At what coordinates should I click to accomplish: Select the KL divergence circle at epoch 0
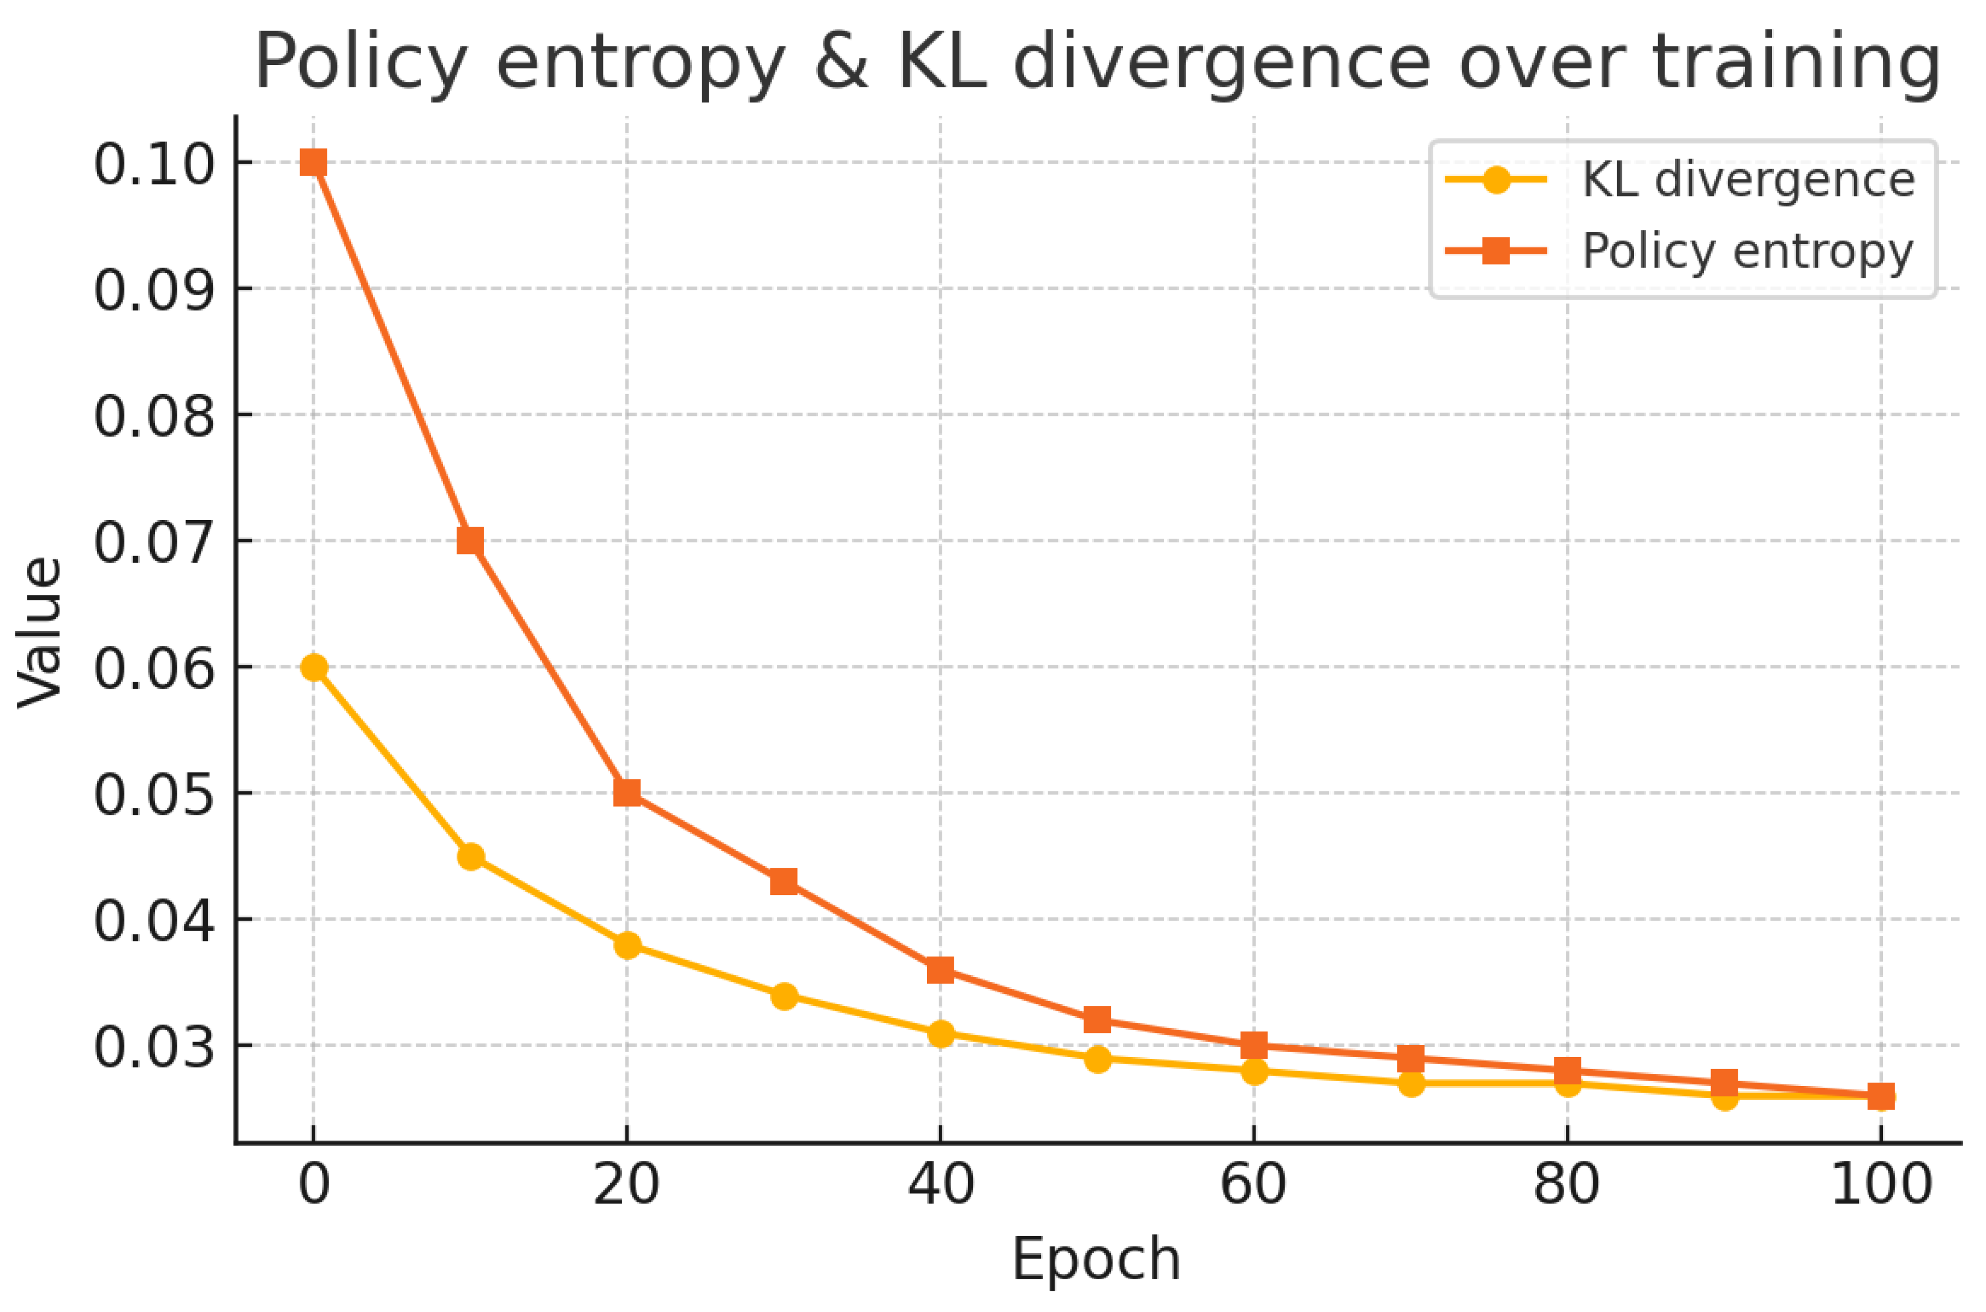click(x=314, y=667)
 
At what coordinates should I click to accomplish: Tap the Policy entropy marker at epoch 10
click(x=470, y=541)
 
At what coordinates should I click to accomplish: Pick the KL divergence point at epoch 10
click(x=470, y=857)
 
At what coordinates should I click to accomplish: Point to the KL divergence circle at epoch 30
click(x=784, y=995)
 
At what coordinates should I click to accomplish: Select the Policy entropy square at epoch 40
click(x=940, y=970)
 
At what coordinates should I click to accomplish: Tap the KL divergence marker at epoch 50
click(x=1098, y=1058)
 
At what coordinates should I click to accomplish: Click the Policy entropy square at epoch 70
click(x=1410, y=1058)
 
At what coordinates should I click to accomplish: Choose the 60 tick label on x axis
click(x=1253, y=1185)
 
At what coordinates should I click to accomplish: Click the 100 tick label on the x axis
click(x=1881, y=1185)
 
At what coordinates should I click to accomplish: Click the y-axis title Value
click(x=40, y=633)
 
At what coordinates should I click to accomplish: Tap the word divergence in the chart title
click(x=1222, y=63)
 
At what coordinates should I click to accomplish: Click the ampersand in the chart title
click(x=841, y=63)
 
